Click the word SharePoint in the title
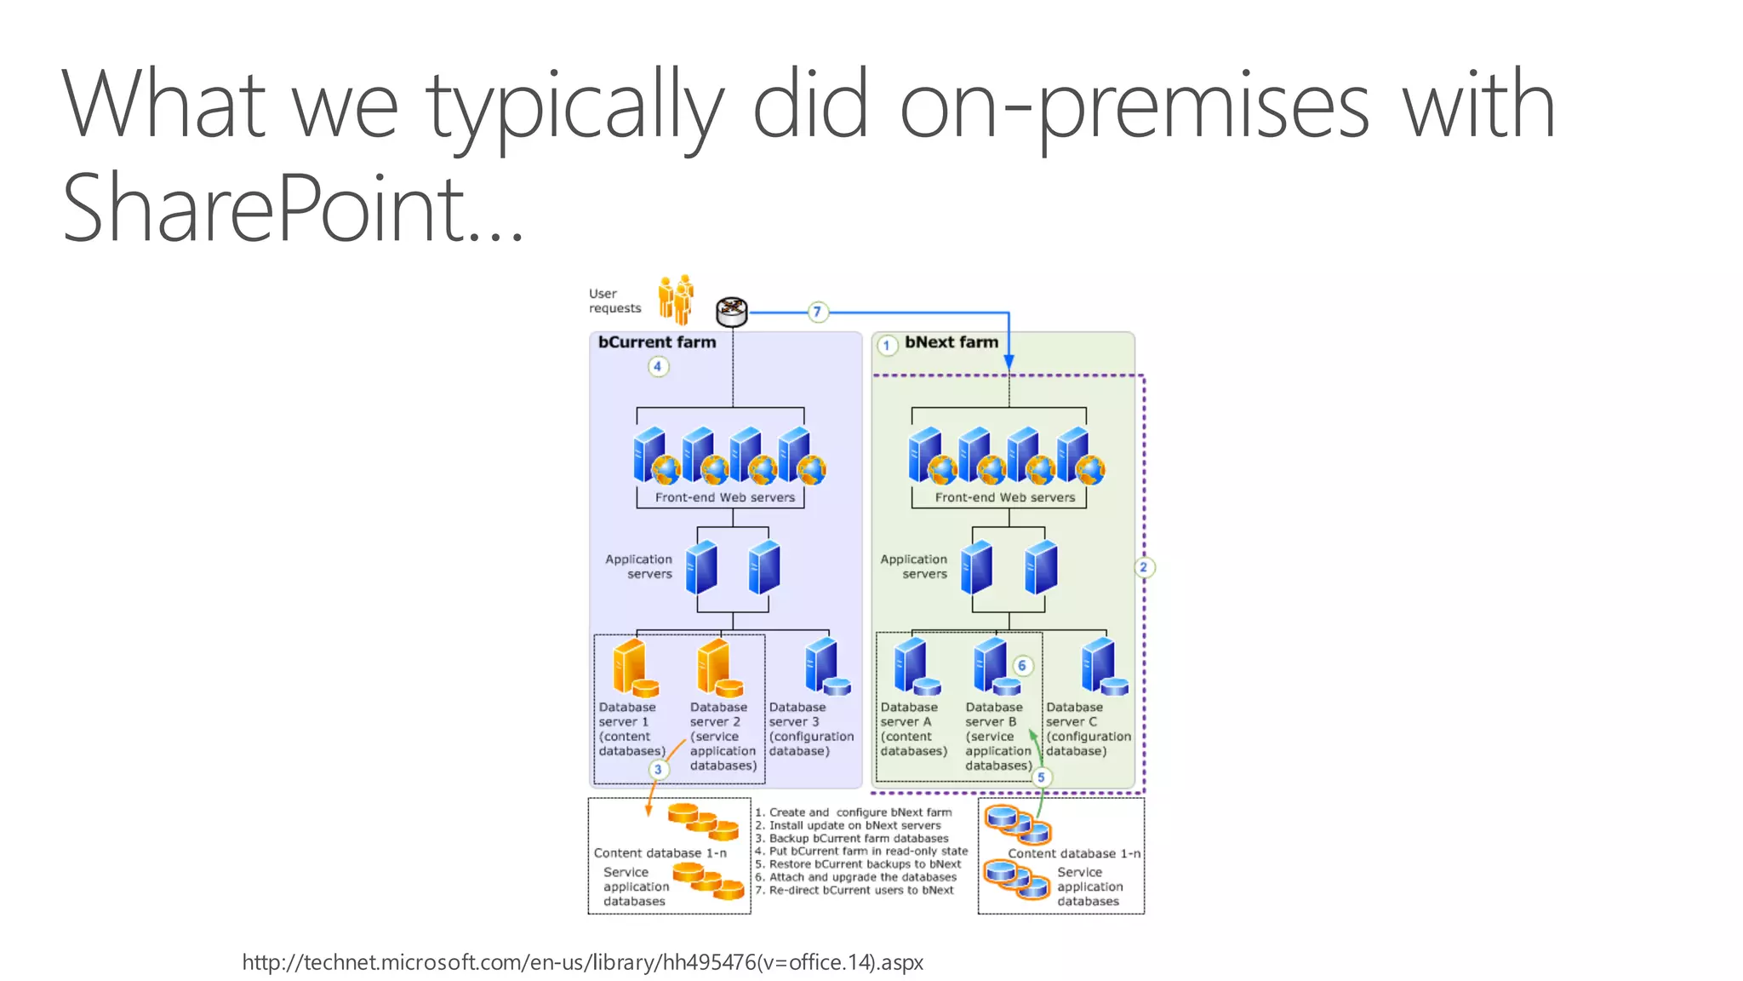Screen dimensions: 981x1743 (264, 207)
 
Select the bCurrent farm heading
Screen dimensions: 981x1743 (657, 342)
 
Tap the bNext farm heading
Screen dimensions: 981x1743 (952, 342)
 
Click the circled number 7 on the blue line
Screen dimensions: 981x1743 (817, 313)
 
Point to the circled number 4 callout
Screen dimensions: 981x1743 (658, 367)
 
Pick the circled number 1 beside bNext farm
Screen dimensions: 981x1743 (887, 346)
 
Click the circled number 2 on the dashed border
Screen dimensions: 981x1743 (1144, 567)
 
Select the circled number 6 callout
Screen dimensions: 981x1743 (1022, 666)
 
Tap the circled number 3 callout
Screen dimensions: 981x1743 (658, 770)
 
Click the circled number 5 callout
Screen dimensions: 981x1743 (1041, 777)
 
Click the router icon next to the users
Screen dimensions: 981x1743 (732, 312)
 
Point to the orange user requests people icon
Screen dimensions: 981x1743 (677, 300)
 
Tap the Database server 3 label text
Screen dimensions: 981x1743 (810, 729)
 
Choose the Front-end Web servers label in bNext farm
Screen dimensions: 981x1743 (1005, 497)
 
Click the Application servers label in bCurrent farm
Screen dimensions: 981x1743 (639, 566)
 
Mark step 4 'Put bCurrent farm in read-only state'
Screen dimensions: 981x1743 (861, 851)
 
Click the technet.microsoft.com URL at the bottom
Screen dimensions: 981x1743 (583, 962)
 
